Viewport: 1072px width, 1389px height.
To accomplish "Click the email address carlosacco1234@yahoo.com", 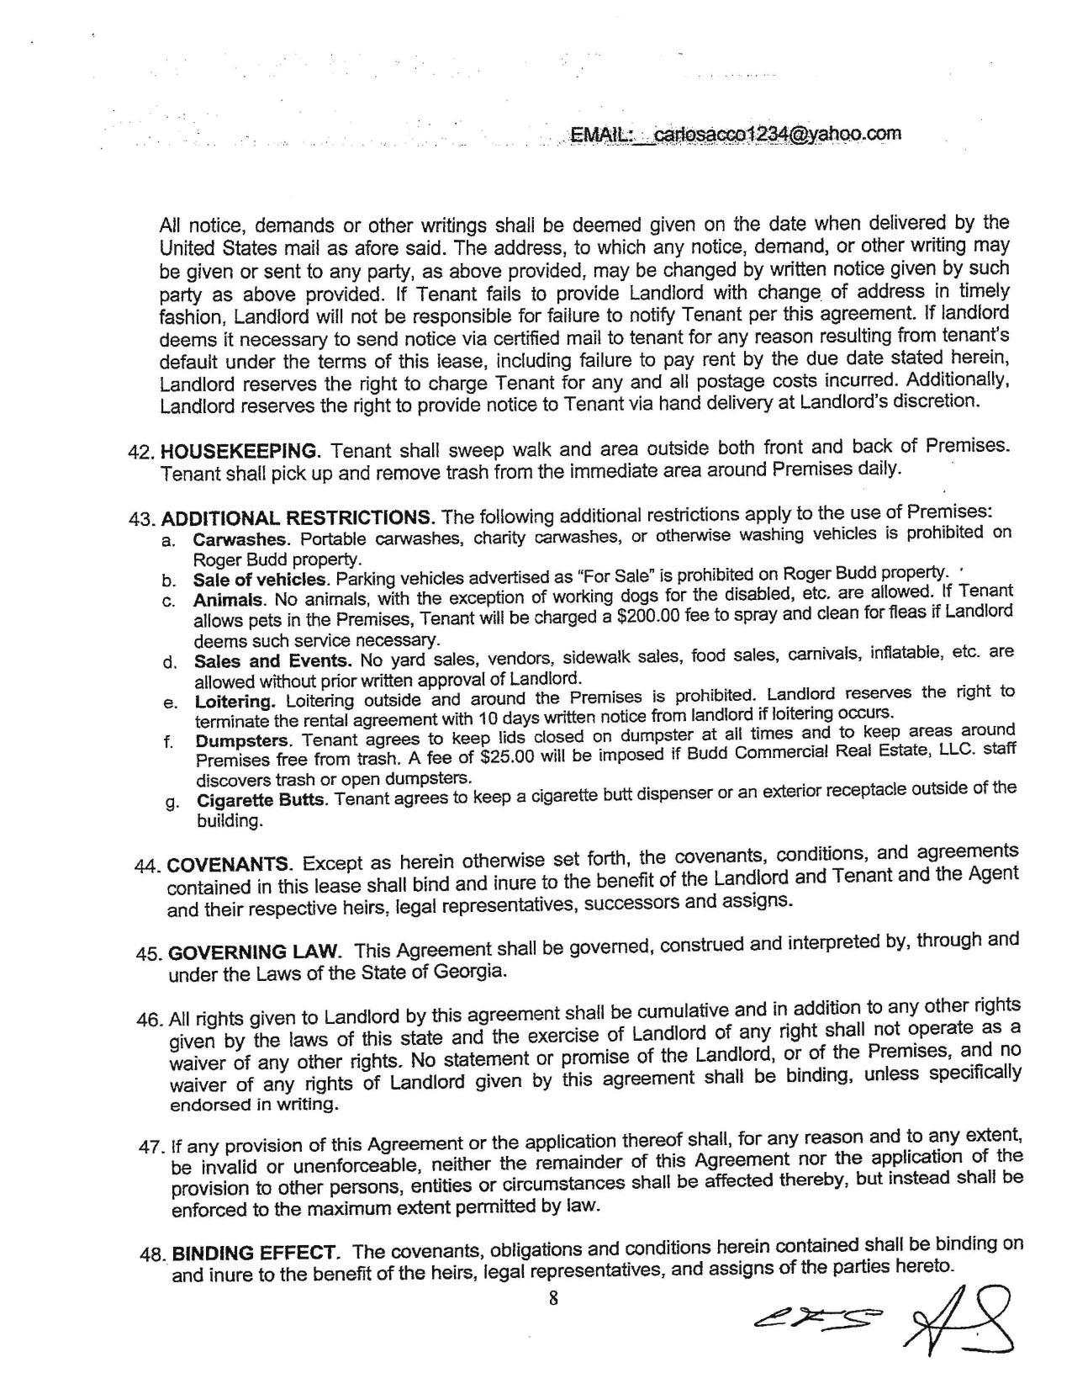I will coord(778,134).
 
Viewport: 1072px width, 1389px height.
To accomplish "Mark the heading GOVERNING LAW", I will coord(255,953).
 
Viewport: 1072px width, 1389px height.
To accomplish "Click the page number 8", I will coord(553,1297).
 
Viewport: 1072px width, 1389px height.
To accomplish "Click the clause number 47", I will coord(152,1148).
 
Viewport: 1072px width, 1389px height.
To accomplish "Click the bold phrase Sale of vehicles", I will coord(260,580).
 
